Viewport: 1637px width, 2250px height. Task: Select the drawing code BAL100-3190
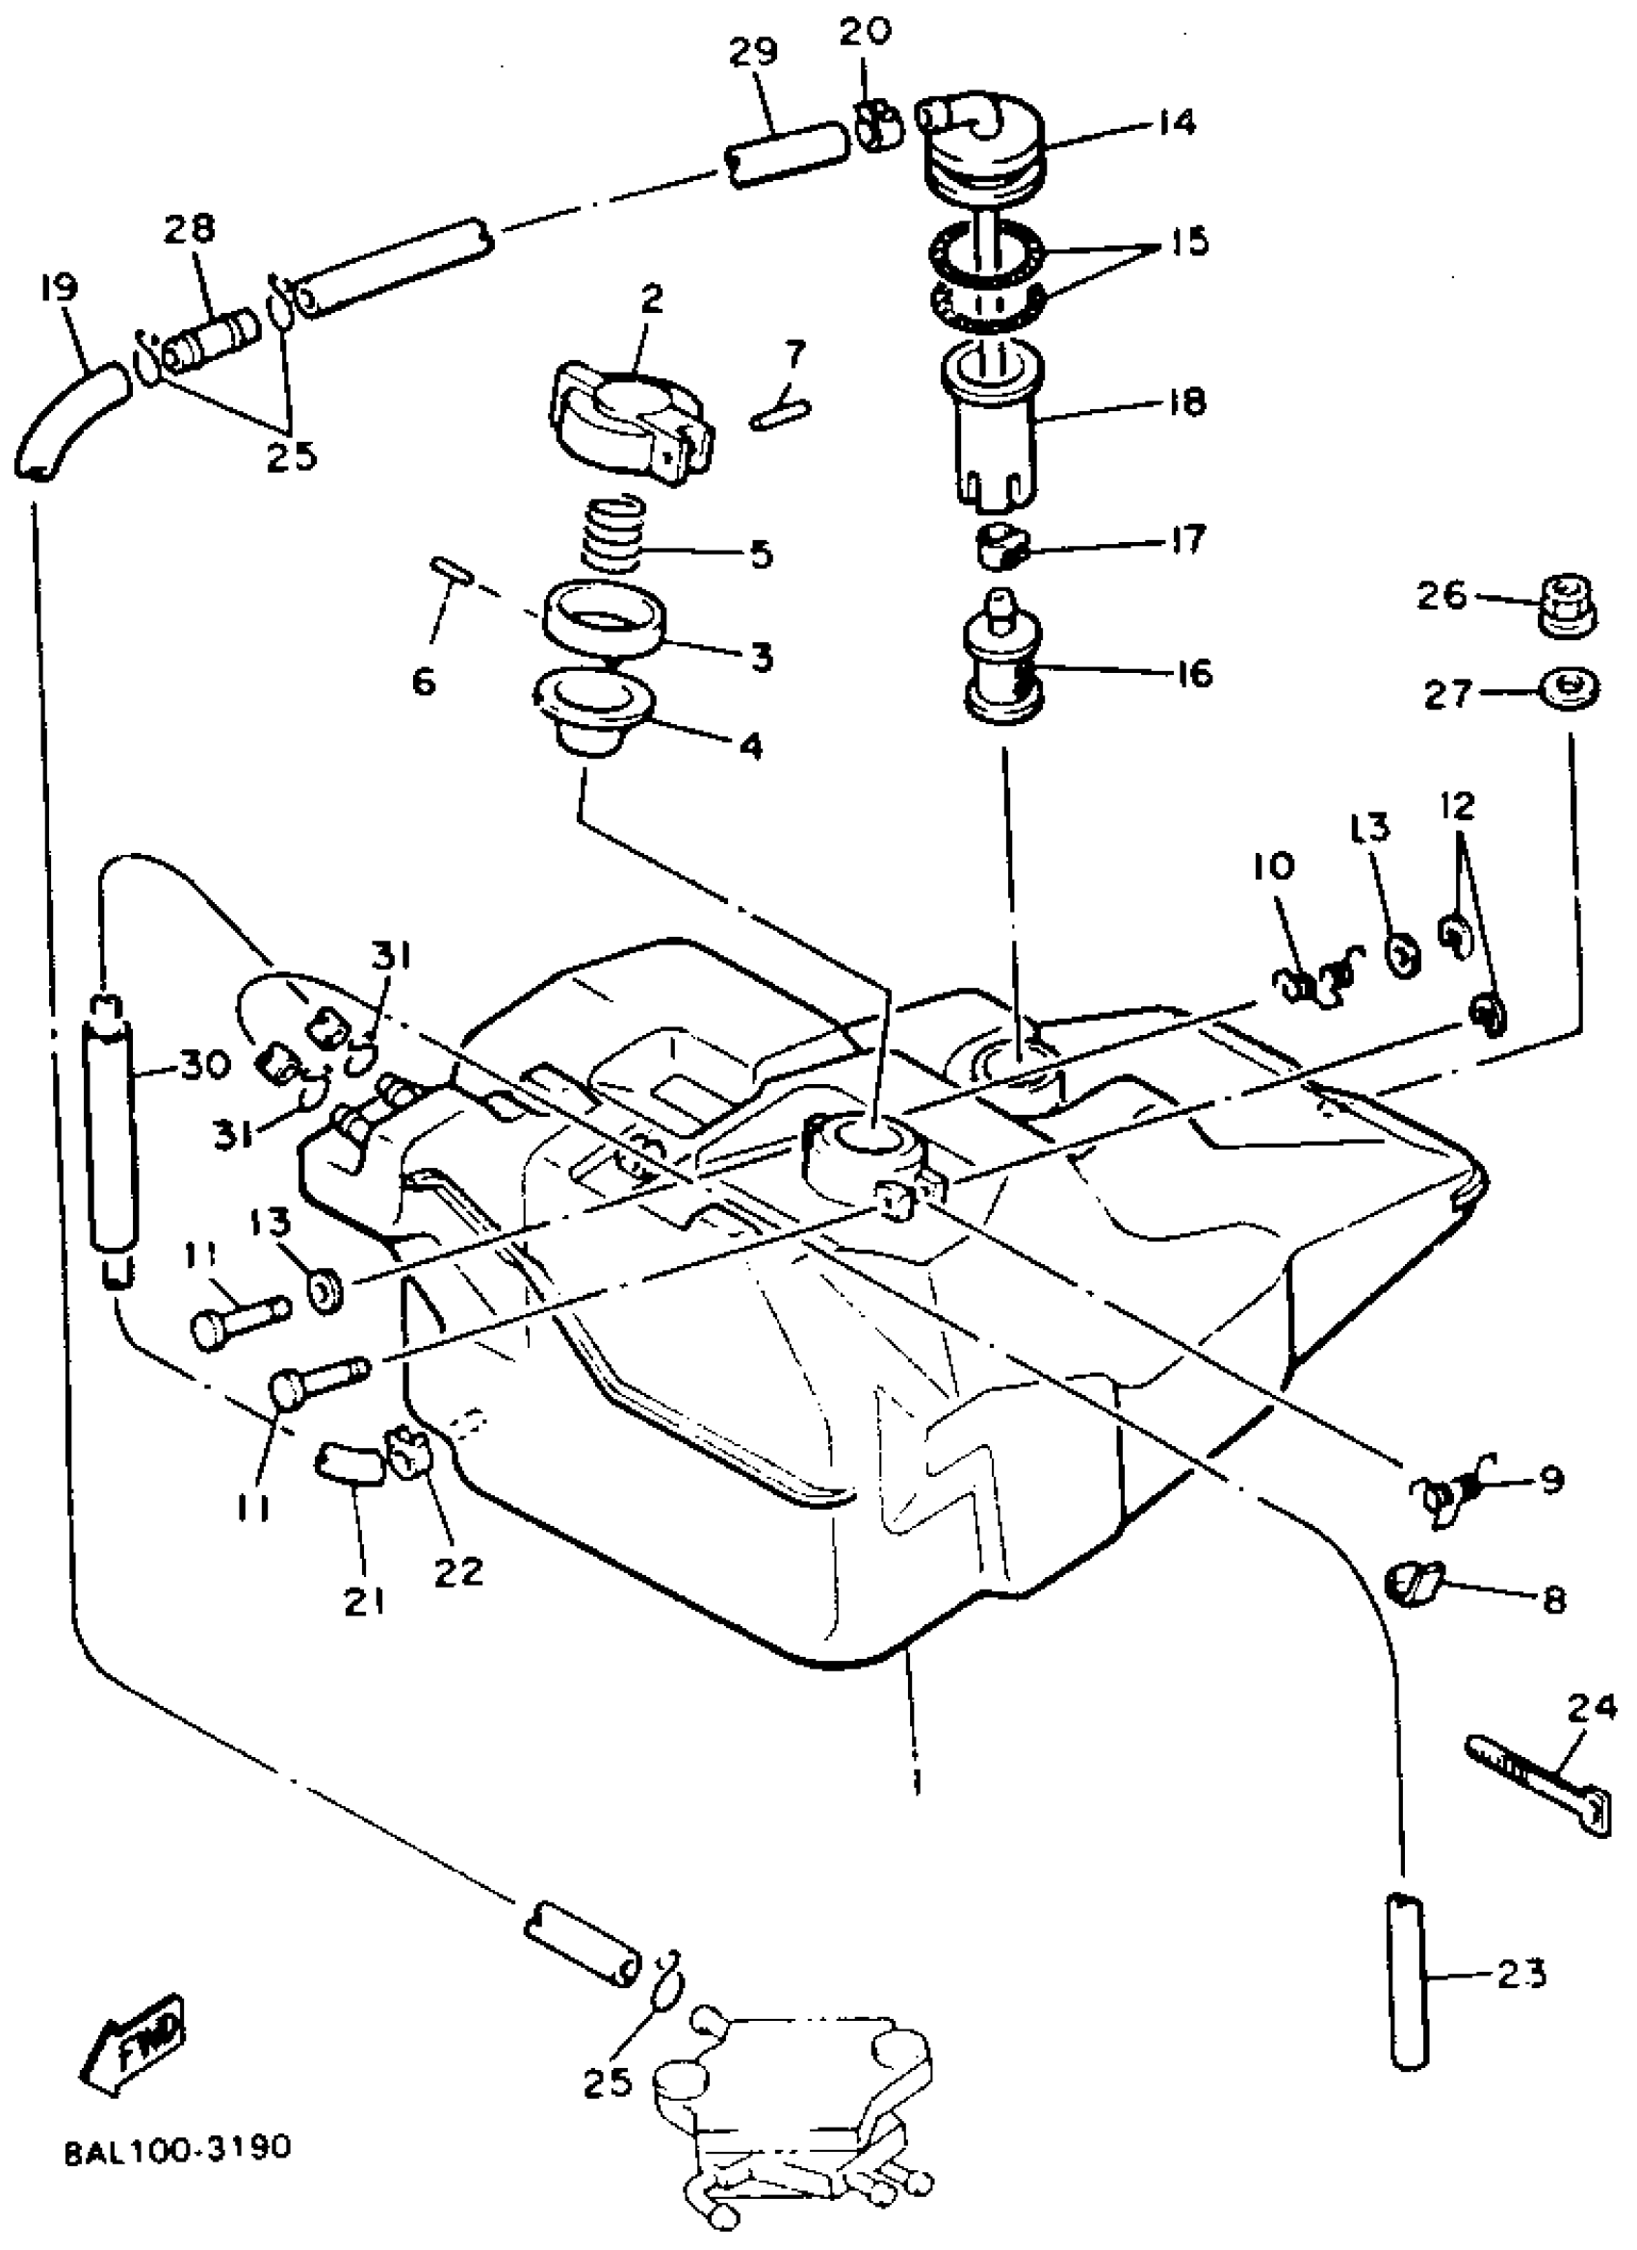tap(178, 2149)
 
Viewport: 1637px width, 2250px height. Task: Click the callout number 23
tap(1520, 1975)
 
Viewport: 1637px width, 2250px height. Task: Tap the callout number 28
tap(190, 228)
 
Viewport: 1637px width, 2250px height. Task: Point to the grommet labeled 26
tap(1568, 605)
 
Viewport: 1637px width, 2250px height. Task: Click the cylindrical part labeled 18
tap(993, 431)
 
